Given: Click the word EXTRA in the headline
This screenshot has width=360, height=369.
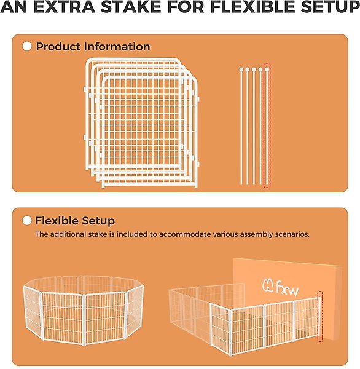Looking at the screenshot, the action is click(65, 7).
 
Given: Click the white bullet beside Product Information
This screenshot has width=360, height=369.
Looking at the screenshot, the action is click(27, 46).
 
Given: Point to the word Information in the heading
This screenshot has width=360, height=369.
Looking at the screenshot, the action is click(117, 46).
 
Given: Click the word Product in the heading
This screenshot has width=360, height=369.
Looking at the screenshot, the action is click(58, 46).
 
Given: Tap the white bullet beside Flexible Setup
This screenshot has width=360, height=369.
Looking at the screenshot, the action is click(27, 221).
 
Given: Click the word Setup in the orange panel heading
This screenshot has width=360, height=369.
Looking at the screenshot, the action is click(98, 221).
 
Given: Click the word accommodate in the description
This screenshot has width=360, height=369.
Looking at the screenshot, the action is click(185, 234).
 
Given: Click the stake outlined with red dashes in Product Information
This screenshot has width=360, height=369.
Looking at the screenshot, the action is click(267, 125).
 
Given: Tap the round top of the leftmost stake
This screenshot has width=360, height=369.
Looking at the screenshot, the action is click(241, 69).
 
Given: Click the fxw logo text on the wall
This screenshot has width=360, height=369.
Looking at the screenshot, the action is click(287, 288).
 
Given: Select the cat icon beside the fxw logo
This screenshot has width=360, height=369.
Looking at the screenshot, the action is click(268, 286).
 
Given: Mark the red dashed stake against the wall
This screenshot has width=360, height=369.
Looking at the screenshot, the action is click(320, 317).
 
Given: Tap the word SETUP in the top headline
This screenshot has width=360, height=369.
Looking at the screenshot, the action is click(330, 7).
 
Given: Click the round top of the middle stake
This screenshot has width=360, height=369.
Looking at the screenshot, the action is click(254, 69).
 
